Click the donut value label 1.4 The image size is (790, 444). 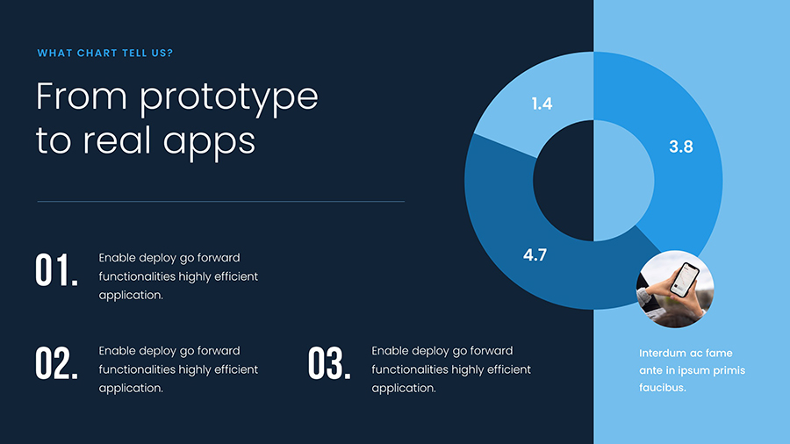pyautogui.click(x=542, y=104)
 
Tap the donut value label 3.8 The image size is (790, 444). pyautogui.click(x=681, y=147)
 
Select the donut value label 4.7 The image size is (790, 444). pyautogui.click(x=535, y=255)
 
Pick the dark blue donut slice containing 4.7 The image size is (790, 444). pyautogui.click(x=509, y=228)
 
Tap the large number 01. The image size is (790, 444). pyautogui.click(x=57, y=270)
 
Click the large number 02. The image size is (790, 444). pyautogui.click(x=57, y=363)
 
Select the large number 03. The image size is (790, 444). pyautogui.click(x=329, y=363)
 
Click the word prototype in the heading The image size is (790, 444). pyautogui.click(x=229, y=97)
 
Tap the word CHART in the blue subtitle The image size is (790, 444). pyautogui.click(x=97, y=54)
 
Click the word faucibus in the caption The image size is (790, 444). pyautogui.click(x=662, y=388)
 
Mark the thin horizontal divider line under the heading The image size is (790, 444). pyautogui.click(x=220, y=202)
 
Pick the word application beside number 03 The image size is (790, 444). pyautogui.click(x=404, y=388)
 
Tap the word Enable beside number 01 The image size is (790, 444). pyautogui.click(x=117, y=258)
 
